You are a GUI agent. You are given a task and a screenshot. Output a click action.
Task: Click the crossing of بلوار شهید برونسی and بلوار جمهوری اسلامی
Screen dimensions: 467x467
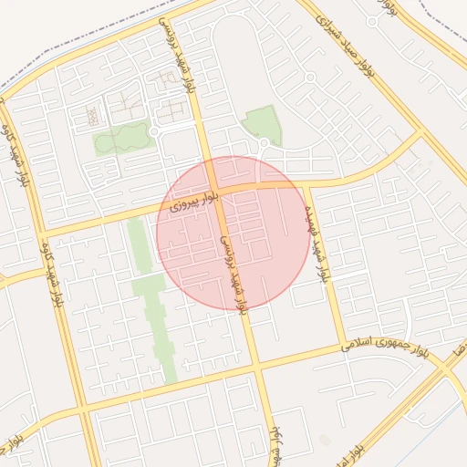[256, 364]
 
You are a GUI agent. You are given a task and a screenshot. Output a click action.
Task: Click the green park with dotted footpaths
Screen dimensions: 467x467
[122, 138]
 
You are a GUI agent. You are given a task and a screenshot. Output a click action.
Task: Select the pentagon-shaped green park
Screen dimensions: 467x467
[262, 122]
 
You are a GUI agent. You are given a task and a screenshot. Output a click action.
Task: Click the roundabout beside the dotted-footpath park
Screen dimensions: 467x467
[155, 133]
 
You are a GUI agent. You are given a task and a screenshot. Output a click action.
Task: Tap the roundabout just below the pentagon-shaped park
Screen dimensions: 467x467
[265, 143]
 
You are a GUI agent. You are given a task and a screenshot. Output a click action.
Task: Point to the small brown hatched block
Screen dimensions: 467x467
[92, 115]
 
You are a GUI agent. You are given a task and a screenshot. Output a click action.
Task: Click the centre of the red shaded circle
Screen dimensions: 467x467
[232, 232]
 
